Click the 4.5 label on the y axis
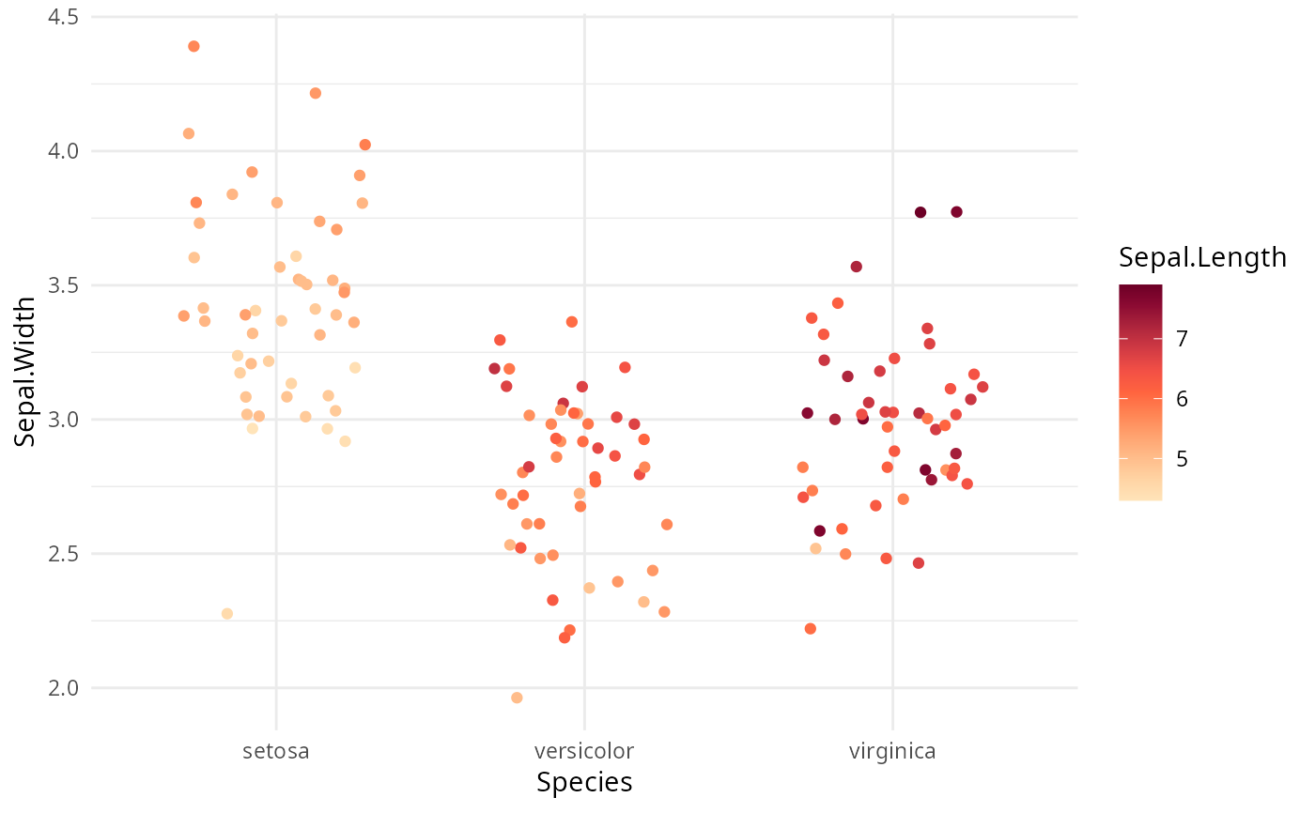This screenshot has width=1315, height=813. [64, 17]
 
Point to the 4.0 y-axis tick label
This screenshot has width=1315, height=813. [64, 151]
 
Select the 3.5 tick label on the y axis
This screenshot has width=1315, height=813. [64, 285]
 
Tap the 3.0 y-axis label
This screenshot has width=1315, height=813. [64, 420]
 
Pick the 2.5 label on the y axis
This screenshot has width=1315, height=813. [64, 554]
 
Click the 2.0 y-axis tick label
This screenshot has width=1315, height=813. [64, 688]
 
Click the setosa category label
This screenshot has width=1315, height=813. [276, 751]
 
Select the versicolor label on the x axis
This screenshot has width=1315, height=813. [583, 751]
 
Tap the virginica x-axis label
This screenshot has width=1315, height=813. [892, 751]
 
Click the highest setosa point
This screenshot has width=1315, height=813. [193, 46]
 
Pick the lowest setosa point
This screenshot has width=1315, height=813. [226, 614]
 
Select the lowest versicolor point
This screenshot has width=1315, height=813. [517, 698]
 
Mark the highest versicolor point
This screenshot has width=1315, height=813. [571, 322]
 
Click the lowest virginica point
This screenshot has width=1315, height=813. [810, 629]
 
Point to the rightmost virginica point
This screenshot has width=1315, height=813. [982, 387]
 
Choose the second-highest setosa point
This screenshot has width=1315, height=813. [316, 93]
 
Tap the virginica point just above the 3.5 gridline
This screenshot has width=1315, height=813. [856, 267]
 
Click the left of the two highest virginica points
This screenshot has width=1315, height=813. [920, 212]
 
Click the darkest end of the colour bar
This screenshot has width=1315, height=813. [1140, 288]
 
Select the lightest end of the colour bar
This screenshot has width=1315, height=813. [1140, 498]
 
